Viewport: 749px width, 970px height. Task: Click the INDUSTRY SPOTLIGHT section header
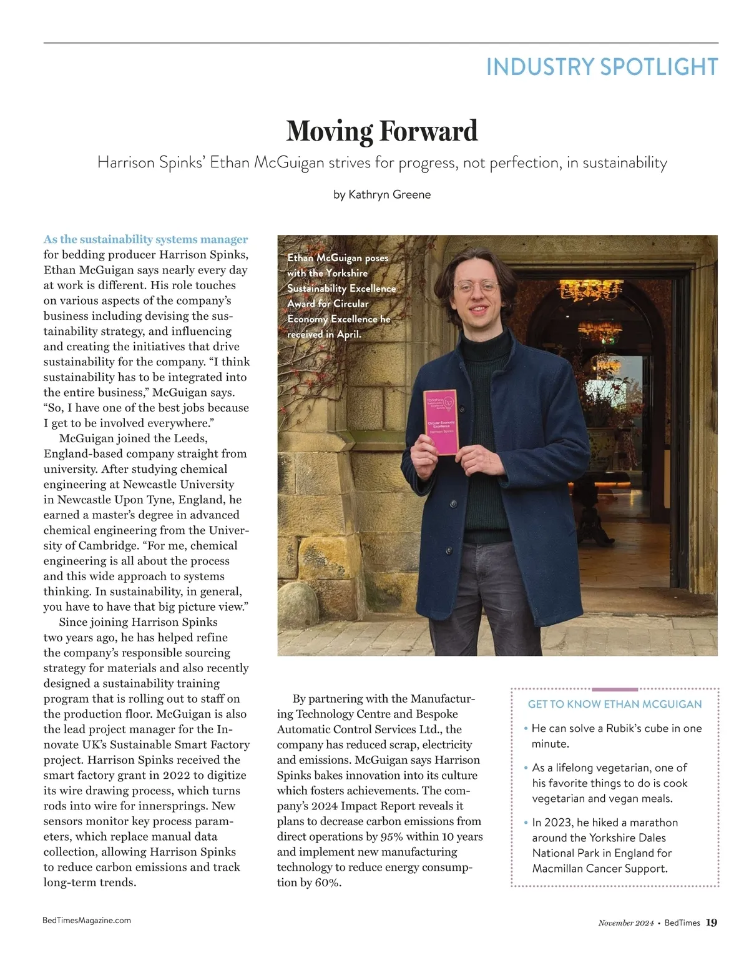point(602,67)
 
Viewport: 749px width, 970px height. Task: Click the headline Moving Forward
point(381,131)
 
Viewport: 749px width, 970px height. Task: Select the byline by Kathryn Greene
point(381,194)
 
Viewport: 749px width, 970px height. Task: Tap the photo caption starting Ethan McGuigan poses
point(341,295)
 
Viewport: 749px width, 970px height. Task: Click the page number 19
point(712,923)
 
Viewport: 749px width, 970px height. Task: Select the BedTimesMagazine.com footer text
point(87,920)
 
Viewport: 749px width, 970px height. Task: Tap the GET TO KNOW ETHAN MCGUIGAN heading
point(615,704)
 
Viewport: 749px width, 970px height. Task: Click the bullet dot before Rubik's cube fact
point(526,728)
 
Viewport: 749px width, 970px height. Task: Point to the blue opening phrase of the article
point(145,239)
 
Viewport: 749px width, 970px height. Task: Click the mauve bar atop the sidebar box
point(615,690)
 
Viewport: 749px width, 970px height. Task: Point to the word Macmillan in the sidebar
point(557,868)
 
